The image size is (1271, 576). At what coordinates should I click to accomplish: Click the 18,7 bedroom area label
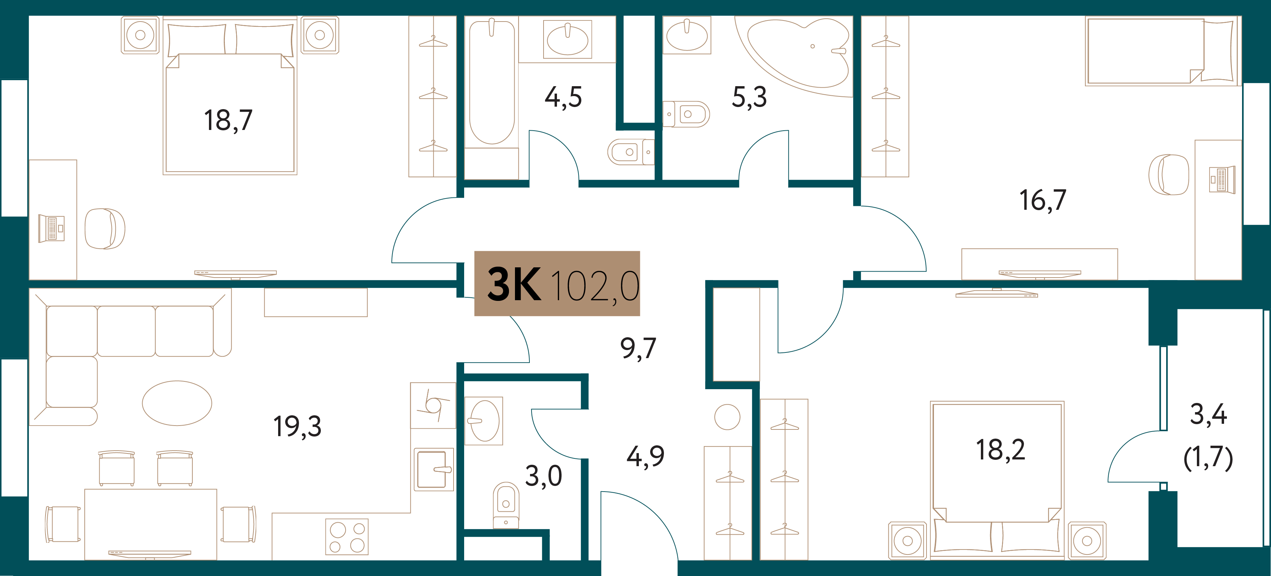click(x=228, y=120)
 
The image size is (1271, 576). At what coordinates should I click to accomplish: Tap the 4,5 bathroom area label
click(x=563, y=97)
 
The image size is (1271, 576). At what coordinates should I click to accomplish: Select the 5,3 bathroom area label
click(x=749, y=97)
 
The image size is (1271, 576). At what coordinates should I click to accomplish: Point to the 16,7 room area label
click(x=1043, y=200)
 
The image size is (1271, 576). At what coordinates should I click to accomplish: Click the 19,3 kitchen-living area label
click(x=297, y=427)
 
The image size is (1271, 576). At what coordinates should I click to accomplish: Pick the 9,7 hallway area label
click(x=638, y=349)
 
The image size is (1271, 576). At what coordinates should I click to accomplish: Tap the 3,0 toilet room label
click(x=543, y=476)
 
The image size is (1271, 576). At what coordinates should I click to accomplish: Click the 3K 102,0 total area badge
click(x=557, y=283)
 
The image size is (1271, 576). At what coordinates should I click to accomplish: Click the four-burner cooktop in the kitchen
click(x=347, y=536)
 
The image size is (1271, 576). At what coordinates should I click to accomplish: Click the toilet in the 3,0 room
click(x=506, y=505)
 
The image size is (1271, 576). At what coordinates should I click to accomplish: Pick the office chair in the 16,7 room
click(x=1168, y=175)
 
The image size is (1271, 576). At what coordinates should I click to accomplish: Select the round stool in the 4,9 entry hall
click(x=727, y=417)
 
